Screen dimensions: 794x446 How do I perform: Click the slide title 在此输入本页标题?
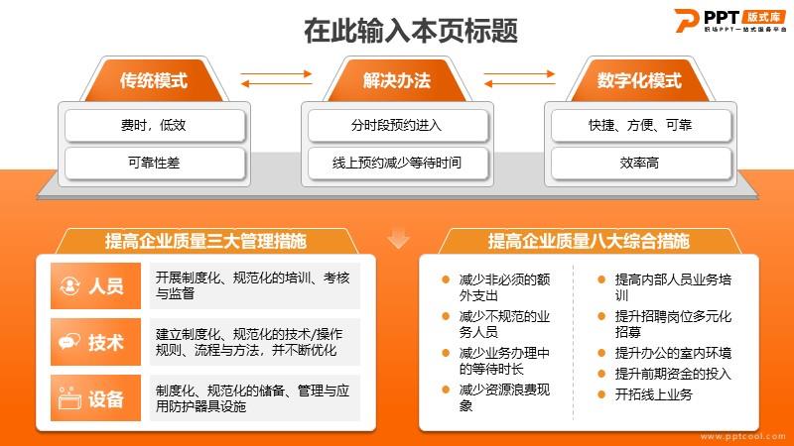click(x=411, y=31)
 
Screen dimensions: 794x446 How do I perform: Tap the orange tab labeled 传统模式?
click(x=154, y=80)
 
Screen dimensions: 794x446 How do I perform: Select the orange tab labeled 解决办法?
click(x=397, y=80)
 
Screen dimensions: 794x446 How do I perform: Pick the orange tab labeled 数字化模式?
click(x=639, y=80)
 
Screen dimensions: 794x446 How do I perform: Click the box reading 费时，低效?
click(x=155, y=125)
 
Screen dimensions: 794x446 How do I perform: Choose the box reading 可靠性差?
click(x=155, y=163)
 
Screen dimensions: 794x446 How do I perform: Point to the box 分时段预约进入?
click(x=398, y=125)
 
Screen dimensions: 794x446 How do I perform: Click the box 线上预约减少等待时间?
click(x=398, y=163)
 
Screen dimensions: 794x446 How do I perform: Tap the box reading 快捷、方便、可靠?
click(x=641, y=125)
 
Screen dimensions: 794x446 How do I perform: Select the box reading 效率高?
click(x=641, y=163)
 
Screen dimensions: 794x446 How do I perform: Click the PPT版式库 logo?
click(x=730, y=20)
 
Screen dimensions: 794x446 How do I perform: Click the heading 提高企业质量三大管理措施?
click(x=205, y=241)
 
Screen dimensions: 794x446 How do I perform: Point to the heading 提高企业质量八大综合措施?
click(x=589, y=241)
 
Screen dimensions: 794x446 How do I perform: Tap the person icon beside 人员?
click(x=69, y=285)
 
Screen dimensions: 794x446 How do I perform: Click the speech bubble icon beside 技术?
click(x=69, y=342)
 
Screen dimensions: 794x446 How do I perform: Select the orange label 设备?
click(x=95, y=398)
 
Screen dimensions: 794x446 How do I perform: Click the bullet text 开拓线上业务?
click(x=653, y=394)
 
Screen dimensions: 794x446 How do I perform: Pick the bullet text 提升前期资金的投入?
click(x=673, y=374)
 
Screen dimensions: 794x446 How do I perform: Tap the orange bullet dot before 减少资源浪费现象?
click(x=446, y=390)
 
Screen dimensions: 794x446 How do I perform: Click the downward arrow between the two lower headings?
click(x=399, y=239)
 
